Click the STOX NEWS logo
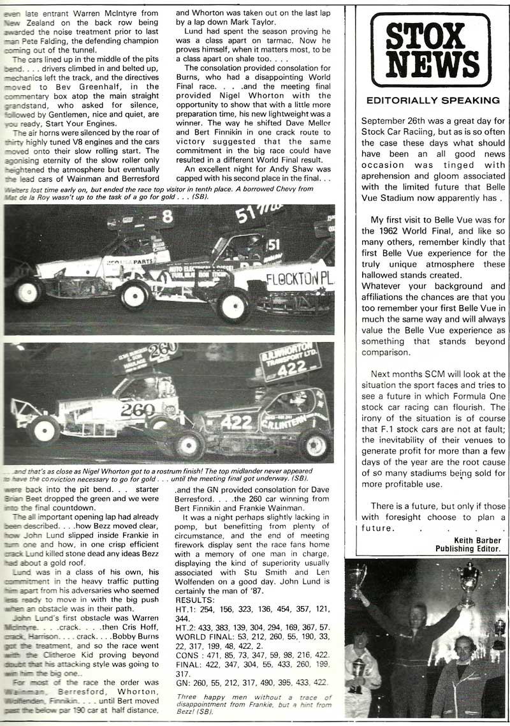[x=430, y=50]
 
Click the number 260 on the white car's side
[x=138, y=409]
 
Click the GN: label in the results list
[x=182, y=681]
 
